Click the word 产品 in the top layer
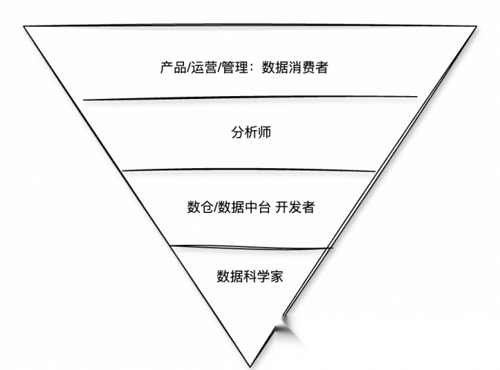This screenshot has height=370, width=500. [171, 68]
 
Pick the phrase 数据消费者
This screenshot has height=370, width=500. [295, 68]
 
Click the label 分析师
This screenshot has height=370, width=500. [250, 133]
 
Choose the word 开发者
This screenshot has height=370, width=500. [294, 207]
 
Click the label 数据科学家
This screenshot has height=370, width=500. [250, 276]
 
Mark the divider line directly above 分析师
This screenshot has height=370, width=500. [250, 98]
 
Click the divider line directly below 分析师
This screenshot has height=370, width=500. [250, 170]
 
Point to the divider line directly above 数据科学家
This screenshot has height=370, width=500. [250, 246]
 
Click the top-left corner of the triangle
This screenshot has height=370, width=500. [25, 27]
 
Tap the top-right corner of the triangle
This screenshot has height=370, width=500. [476, 28]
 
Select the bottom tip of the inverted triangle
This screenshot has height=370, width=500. [251, 366]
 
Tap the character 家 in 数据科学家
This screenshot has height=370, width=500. [276, 276]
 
